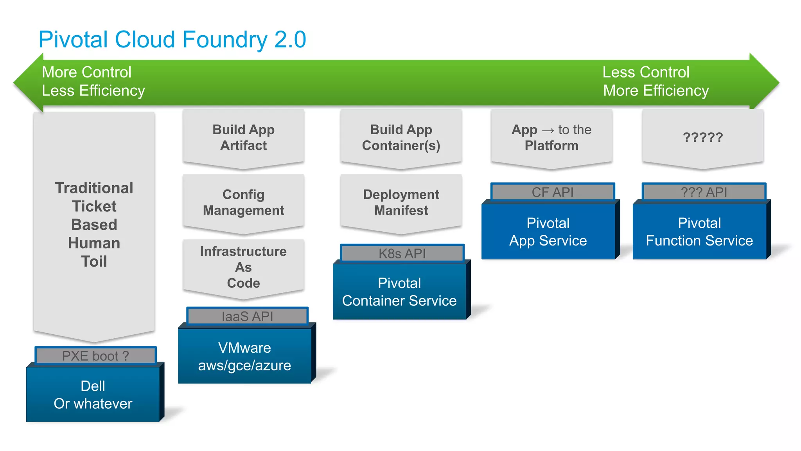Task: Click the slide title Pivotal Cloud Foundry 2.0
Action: tap(172, 40)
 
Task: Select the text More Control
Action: tap(86, 72)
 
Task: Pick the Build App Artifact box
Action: tap(243, 137)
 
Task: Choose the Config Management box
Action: tap(243, 202)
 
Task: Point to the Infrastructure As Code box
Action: tap(243, 267)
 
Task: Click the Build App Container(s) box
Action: tap(401, 137)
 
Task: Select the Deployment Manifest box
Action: tap(401, 202)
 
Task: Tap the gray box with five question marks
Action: tap(702, 137)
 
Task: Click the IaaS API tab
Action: tap(247, 316)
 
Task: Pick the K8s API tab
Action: tap(402, 254)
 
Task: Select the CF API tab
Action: tap(552, 192)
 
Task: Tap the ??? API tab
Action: tap(704, 192)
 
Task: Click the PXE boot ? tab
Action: tap(95, 356)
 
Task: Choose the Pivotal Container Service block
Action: tap(399, 292)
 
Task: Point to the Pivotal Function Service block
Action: tap(699, 232)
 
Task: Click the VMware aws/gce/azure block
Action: tap(244, 356)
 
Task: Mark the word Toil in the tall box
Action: tap(94, 262)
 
